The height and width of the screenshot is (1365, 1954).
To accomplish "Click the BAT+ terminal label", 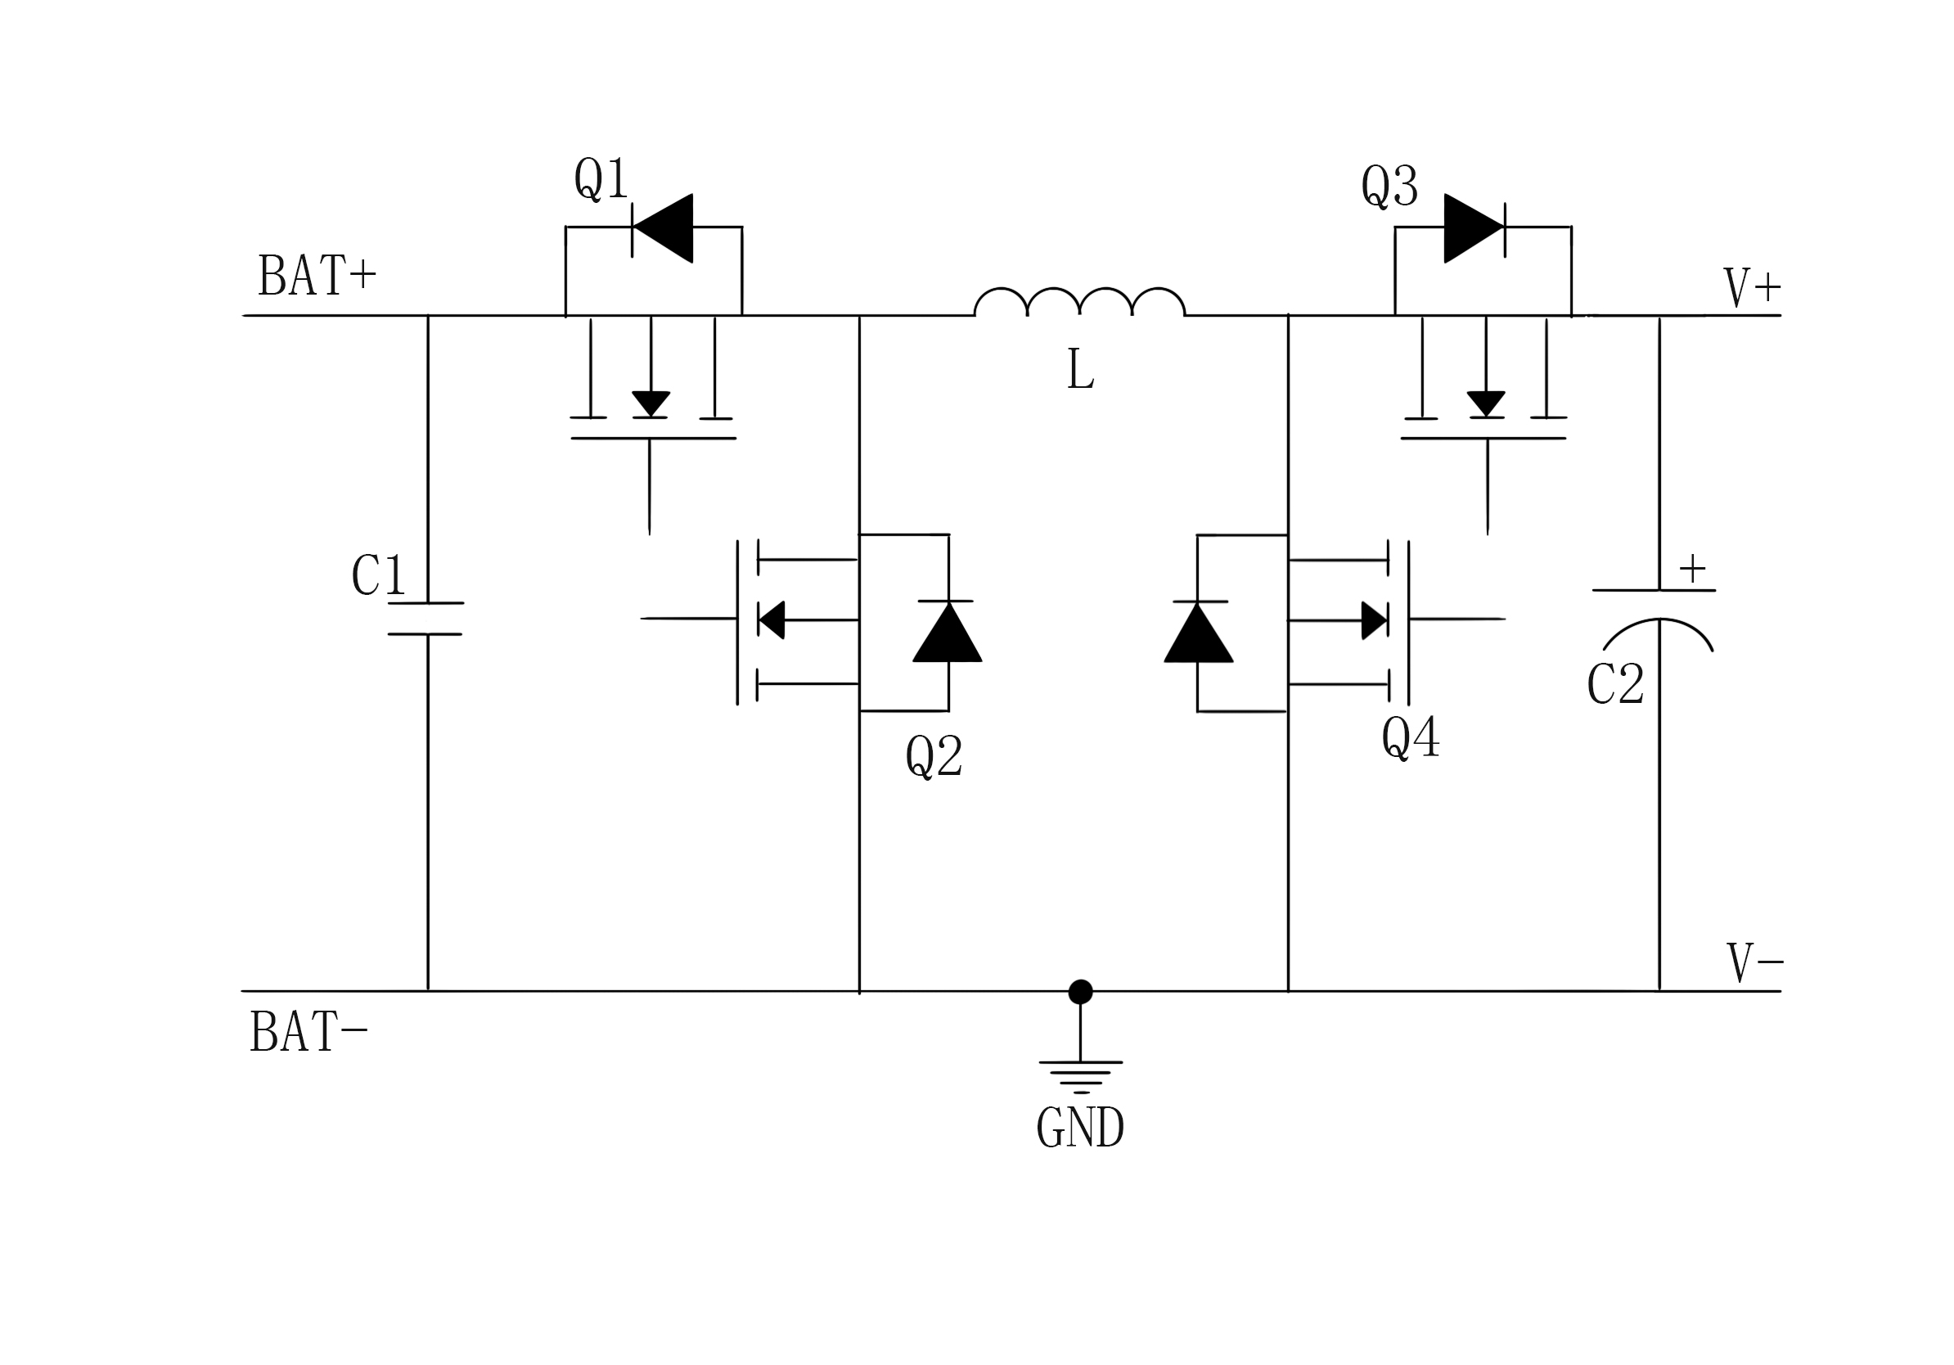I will [316, 275].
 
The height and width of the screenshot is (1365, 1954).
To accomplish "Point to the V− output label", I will [1754, 963].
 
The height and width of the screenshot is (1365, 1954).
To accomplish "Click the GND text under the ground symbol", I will [1080, 1128].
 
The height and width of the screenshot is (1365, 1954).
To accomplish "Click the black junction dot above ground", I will [1081, 991].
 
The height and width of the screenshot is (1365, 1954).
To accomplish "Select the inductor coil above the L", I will [1079, 302].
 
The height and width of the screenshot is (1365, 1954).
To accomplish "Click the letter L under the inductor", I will [1080, 371].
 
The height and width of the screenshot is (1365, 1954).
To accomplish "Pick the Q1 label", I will [601, 178].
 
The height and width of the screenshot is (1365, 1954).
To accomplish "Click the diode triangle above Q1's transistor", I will [664, 228].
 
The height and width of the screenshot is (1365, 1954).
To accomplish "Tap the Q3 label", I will [1389, 186].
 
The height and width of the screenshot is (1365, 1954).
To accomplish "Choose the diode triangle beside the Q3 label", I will [1472, 228].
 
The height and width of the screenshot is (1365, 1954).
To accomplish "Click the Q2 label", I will [934, 755].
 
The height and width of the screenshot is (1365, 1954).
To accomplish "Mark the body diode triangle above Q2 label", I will [948, 633].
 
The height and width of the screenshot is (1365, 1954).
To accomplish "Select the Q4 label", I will [1410, 737].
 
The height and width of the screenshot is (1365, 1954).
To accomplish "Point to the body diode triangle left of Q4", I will [1198, 633].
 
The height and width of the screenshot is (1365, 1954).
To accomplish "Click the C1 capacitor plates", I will [426, 619].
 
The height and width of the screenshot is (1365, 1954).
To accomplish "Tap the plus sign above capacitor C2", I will [1692, 568].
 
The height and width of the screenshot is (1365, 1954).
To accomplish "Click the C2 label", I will [1615, 683].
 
